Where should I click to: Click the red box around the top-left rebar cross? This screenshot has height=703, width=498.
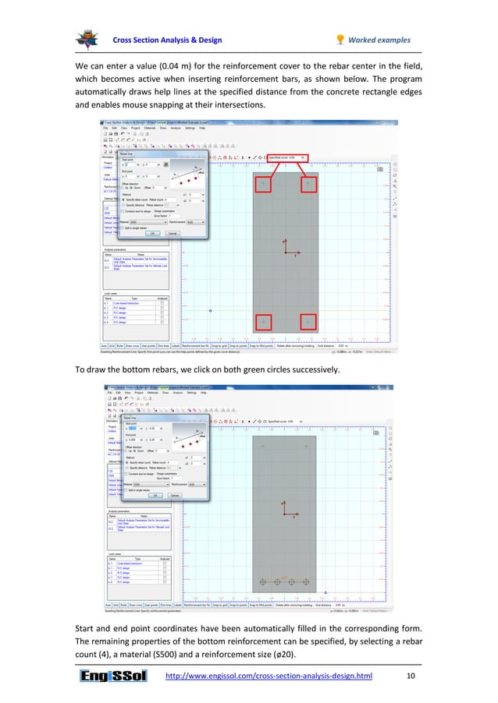coord(263,184)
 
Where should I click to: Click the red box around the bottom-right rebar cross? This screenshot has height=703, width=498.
coord(309,322)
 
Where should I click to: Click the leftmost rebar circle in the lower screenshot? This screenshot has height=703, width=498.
coord(262,582)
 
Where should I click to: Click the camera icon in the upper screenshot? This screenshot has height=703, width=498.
coord(379,169)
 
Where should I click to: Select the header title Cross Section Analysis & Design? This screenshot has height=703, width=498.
coord(167,41)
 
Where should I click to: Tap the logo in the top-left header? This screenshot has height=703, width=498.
coord(87,38)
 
